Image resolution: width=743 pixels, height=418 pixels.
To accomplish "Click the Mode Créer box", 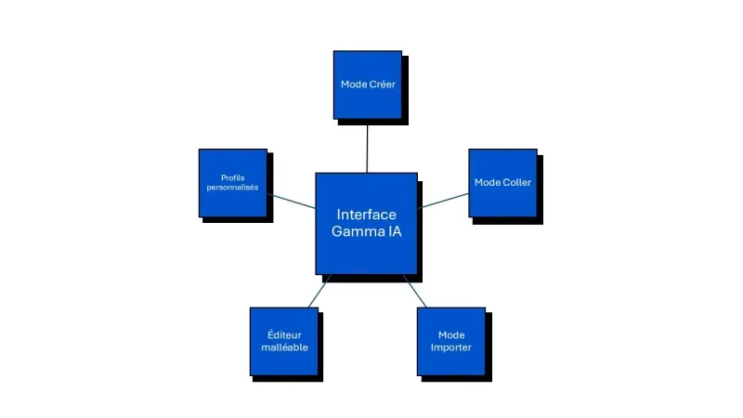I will tap(368, 85).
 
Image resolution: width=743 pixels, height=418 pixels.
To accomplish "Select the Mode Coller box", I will tap(502, 183).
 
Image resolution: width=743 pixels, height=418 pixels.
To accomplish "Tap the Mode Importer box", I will tap(451, 341).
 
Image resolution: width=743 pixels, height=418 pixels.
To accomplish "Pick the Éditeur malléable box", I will tap(284, 341).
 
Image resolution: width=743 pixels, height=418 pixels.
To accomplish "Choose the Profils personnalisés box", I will tap(233, 183).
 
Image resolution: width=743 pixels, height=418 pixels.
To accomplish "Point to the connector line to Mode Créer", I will tap(368, 146).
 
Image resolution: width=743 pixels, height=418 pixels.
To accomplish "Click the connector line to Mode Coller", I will tap(444, 200).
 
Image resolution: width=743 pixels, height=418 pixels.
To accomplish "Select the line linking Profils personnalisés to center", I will tap(292, 200).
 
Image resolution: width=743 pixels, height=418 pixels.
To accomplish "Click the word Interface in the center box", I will tap(367, 215).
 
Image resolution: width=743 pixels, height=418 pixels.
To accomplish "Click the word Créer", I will tap(381, 85).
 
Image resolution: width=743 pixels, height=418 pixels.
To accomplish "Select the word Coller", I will tap(516, 183).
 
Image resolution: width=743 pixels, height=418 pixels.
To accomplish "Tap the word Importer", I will tap(451, 348).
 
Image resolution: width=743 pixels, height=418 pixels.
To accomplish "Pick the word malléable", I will tap(284, 348).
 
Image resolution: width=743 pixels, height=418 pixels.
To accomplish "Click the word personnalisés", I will tap(233, 188).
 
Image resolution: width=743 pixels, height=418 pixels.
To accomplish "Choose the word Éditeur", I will tap(284, 334).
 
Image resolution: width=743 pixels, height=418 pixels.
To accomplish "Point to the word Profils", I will tap(233, 177).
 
